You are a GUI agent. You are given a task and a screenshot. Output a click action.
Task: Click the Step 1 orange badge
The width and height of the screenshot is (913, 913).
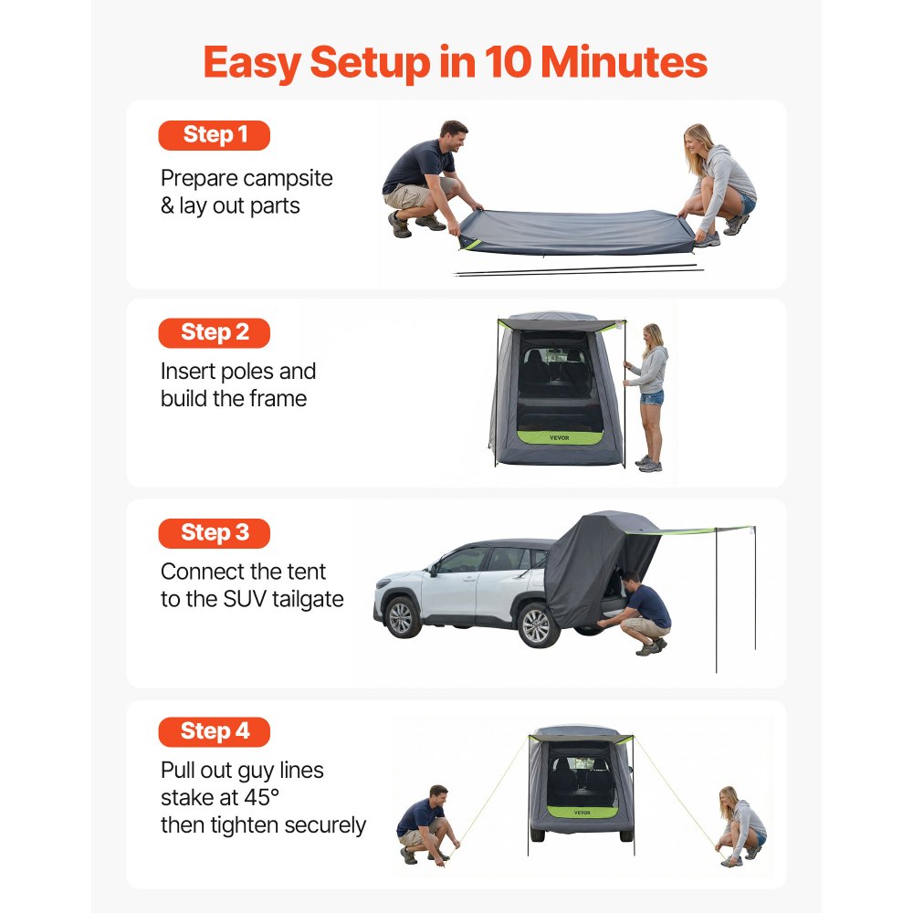coord(214,135)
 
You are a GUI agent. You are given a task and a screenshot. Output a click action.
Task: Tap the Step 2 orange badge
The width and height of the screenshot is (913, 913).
coord(214,333)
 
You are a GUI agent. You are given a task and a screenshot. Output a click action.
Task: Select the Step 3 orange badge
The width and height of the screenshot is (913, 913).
coord(214,533)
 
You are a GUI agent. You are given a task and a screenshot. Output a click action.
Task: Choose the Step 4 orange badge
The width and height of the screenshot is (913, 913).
coord(214,732)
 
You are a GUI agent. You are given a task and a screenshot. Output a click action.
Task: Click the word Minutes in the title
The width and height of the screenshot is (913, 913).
coord(624,62)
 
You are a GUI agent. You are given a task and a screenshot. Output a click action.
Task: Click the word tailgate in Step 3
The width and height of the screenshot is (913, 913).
coord(308,600)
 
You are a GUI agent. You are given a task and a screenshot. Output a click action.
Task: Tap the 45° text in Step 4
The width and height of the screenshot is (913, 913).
coord(261,797)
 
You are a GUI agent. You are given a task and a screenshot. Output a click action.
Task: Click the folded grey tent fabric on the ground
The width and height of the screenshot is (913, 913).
coord(576,232)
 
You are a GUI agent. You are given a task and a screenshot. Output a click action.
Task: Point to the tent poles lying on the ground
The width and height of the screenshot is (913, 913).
coord(578,269)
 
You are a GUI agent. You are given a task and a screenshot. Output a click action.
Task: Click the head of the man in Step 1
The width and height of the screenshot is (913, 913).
coord(453,136)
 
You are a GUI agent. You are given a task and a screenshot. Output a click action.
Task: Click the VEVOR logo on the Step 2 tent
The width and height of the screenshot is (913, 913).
coord(559,438)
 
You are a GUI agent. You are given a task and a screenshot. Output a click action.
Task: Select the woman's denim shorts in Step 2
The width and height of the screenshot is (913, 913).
coord(652,398)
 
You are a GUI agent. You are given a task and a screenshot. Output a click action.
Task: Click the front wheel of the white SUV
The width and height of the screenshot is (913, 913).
coord(401,618)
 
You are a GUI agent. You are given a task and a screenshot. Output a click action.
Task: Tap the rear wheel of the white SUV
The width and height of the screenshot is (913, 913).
coord(537,626)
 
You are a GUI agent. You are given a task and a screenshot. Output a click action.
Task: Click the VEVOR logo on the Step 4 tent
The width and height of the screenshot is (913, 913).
coord(582,813)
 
